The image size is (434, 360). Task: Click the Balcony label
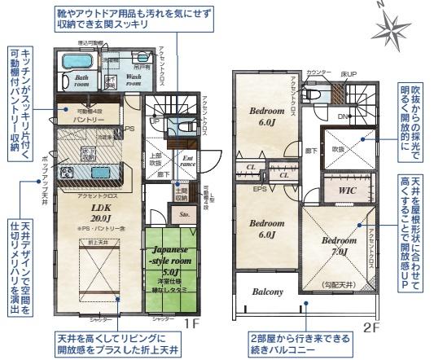click(266, 291)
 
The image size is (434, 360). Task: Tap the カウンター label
click(317, 73)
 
